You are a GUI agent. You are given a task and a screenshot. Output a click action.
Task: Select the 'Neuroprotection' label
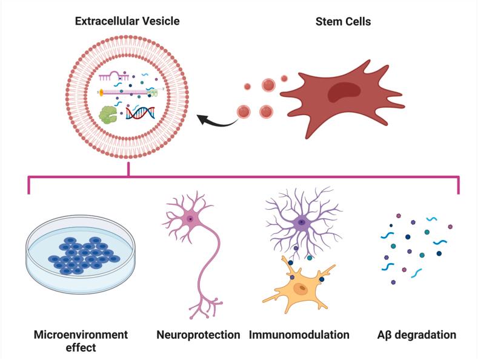198,335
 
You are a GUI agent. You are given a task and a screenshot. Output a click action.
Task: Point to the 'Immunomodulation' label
299,335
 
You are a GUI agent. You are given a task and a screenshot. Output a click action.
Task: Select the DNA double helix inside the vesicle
141,112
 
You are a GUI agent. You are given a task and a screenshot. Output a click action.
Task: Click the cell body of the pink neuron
191,219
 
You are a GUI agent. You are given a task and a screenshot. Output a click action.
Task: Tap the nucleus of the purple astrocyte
302,222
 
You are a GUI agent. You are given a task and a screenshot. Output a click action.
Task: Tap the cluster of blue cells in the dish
82,255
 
